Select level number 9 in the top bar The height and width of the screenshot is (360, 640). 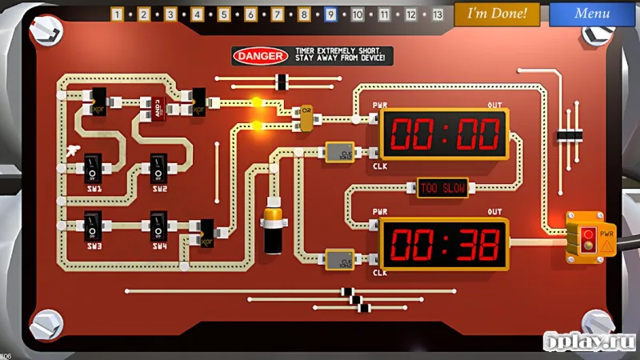[330, 14]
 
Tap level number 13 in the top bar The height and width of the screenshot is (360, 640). [438, 14]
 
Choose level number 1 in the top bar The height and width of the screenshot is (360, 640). [117, 14]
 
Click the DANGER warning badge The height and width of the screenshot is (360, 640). [259, 56]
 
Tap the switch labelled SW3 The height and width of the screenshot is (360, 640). [93, 225]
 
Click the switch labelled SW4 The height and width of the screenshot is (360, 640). [158, 225]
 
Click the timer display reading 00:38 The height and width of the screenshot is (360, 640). [442, 243]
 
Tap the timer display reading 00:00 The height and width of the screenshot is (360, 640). [442, 134]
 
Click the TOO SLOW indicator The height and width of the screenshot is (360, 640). [442, 188]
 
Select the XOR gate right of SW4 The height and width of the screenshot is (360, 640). [206, 231]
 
